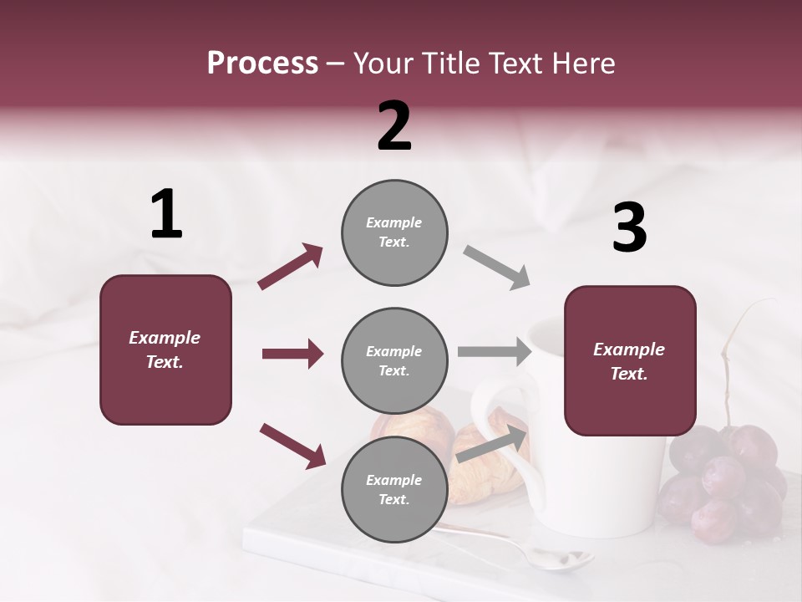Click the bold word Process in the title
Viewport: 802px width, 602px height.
point(262,64)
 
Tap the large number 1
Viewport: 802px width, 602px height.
point(166,215)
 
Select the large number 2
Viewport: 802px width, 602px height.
point(394,126)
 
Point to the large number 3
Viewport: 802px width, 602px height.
point(629,228)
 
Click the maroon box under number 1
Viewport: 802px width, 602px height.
point(165,349)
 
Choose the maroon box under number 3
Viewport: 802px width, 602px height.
point(630,360)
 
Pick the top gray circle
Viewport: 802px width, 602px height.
point(394,232)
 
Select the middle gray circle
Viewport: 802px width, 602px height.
point(394,361)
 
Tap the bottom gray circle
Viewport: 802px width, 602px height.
point(394,490)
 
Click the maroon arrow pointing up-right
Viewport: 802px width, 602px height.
point(291,267)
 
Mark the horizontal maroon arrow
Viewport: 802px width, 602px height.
point(292,354)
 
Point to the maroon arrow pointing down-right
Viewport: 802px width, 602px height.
point(292,445)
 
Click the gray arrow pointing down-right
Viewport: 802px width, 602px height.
point(497,268)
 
